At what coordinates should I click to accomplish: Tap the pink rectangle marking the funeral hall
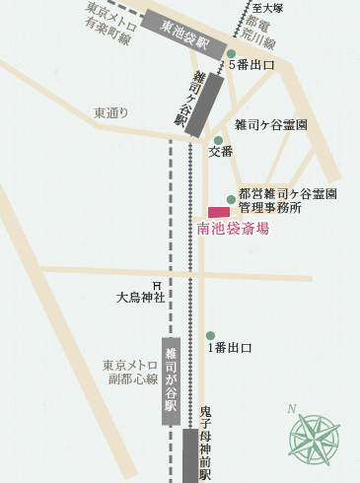pos(219,212)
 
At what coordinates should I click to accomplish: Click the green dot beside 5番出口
pos(231,55)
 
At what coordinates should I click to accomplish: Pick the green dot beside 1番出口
pos(210,336)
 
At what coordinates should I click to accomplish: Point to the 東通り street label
pos(111,113)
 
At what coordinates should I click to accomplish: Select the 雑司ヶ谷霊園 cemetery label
pos(271,125)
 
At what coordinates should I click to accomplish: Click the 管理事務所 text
pos(269,209)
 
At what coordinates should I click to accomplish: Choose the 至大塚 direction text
pos(268,8)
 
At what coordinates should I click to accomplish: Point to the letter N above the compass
pos(292,409)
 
